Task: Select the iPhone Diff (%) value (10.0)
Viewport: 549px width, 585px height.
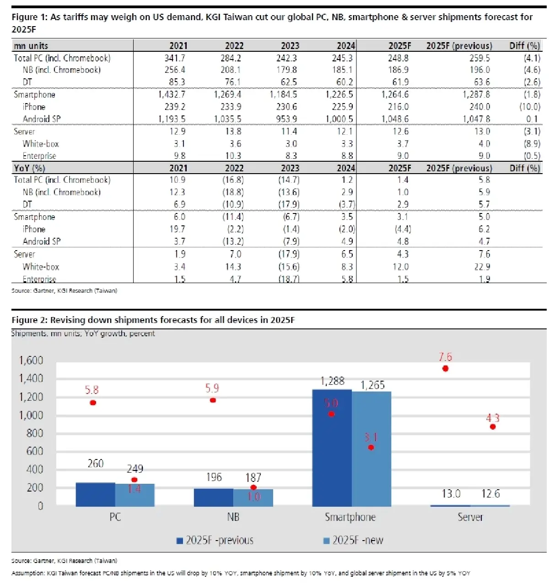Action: tap(529, 107)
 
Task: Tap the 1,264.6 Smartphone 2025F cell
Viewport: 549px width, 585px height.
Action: tap(395, 94)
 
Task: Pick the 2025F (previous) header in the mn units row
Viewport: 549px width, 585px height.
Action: tap(459, 46)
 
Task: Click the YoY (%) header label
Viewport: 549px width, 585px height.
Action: tap(30, 168)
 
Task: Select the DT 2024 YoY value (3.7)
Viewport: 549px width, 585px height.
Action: tap(347, 204)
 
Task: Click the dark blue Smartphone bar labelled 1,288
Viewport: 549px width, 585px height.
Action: tap(332, 449)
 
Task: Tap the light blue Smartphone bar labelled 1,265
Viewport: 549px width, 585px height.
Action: tap(371, 449)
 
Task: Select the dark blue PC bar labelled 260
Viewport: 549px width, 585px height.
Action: tap(95, 494)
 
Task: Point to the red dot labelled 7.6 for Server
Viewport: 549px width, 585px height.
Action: tap(445, 368)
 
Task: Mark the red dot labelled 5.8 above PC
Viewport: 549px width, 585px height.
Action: tap(93, 403)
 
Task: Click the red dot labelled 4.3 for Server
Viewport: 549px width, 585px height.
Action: tap(493, 426)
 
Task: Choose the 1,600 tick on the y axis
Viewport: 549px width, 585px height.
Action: tap(31, 361)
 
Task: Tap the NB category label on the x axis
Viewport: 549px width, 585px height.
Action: tap(233, 517)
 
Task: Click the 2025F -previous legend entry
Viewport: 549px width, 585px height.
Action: tap(215, 541)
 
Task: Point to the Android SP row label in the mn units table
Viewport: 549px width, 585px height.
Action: tap(42, 119)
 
